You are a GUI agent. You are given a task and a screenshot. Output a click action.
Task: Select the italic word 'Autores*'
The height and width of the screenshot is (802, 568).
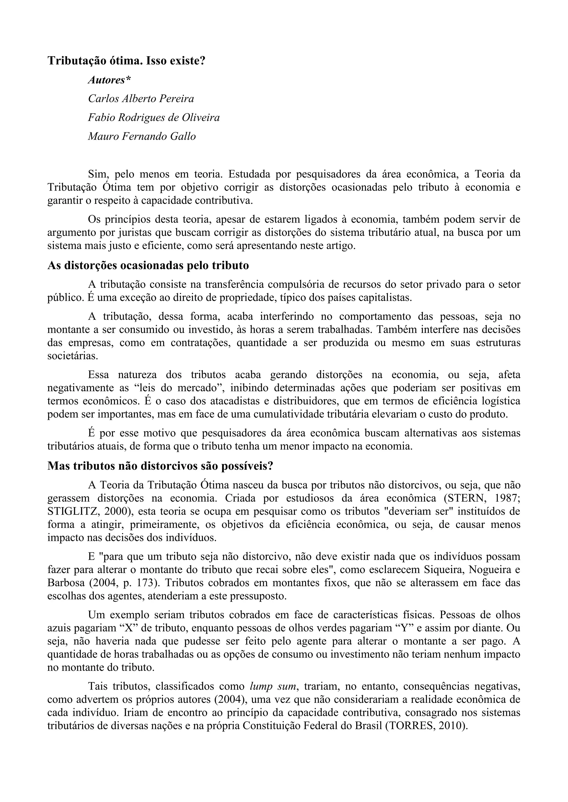pyautogui.click(x=110, y=80)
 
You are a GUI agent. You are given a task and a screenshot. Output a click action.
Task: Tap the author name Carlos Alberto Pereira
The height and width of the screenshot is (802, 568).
pyautogui.click(x=141, y=99)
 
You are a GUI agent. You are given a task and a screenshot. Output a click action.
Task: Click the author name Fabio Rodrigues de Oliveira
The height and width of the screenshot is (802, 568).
pyautogui.click(x=154, y=118)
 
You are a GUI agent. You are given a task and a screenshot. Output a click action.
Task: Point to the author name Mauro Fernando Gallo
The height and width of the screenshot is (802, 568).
pyautogui.click(x=142, y=136)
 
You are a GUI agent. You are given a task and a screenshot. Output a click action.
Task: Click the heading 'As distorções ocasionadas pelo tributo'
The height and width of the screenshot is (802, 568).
pyautogui.click(x=148, y=266)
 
